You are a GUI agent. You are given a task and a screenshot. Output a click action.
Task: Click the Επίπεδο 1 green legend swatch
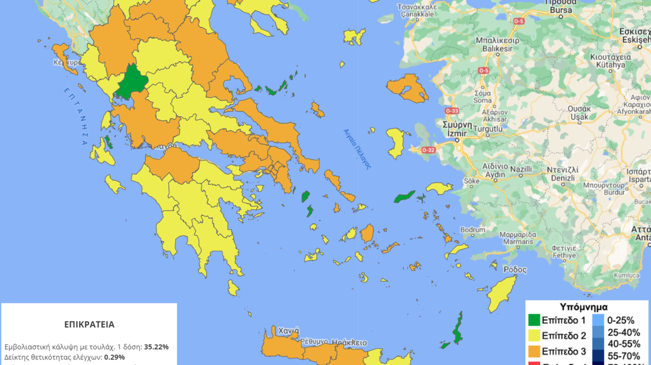coord(534,320)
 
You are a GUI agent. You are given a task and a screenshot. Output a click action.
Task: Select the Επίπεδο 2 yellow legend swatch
coord(534,336)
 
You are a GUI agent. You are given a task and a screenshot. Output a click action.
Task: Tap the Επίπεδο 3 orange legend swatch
coord(534,351)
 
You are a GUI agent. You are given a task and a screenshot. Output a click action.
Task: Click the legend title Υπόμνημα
coord(584,307)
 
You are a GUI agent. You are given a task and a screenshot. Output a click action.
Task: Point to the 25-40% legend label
coord(624,332)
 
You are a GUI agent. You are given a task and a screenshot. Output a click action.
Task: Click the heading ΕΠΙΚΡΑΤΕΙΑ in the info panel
coord(89,324)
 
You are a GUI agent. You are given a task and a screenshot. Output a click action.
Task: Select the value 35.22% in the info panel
coord(156,347)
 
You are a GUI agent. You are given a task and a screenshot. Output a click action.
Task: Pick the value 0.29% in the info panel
coord(115,357)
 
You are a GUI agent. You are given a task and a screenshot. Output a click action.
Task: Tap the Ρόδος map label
coord(515,270)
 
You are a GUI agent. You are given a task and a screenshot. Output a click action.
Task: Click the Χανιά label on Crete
coord(288,331)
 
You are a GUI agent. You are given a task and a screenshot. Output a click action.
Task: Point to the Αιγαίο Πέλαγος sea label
coord(357,149)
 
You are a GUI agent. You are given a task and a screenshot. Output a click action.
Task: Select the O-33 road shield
coord(452,111)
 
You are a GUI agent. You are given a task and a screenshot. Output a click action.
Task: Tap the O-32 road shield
coord(428,150)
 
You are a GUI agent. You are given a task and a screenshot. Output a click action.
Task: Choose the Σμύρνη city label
coord(457,125)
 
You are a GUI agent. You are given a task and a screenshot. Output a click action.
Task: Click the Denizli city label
coord(563,178)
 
